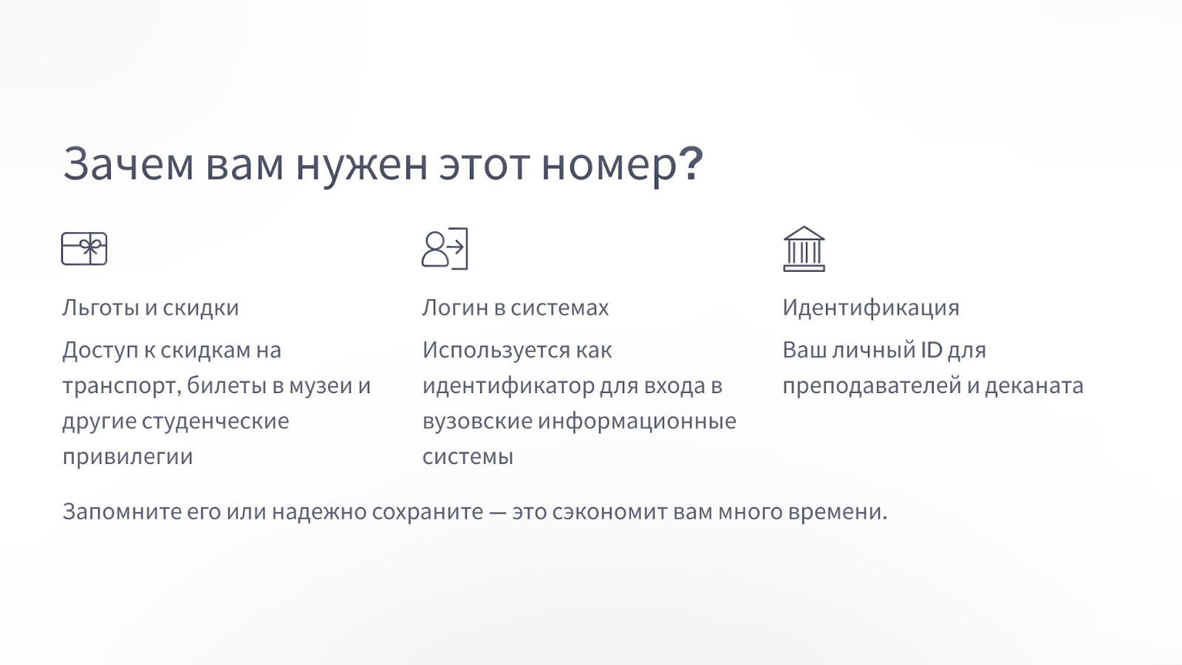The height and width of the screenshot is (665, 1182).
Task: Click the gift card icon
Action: click(x=84, y=248)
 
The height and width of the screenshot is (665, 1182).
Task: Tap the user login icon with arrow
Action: click(x=445, y=248)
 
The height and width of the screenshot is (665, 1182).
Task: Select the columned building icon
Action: click(x=804, y=249)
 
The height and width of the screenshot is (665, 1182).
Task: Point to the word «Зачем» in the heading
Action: click(x=129, y=163)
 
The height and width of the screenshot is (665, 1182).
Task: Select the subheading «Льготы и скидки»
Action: click(x=151, y=307)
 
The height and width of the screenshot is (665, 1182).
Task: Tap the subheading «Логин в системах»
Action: click(x=516, y=307)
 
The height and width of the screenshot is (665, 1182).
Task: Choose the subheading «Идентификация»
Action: click(x=871, y=308)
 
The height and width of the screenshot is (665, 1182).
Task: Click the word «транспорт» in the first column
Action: click(x=122, y=386)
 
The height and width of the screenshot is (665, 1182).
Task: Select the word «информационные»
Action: click(x=637, y=421)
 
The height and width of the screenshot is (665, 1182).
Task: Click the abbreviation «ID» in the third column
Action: click(x=932, y=350)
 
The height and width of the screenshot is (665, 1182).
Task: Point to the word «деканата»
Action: click(x=1034, y=386)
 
